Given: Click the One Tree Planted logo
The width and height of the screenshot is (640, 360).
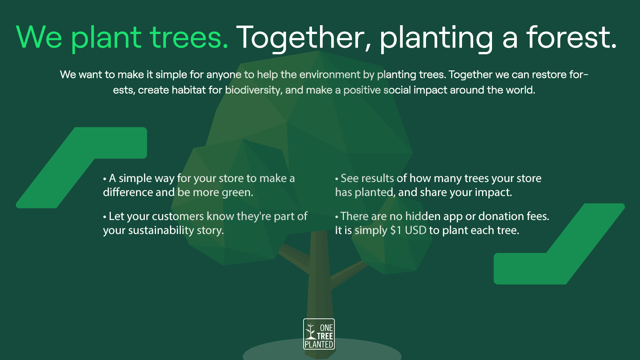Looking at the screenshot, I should pos(319,334).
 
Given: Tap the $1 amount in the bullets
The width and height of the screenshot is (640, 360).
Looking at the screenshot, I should pos(396,230).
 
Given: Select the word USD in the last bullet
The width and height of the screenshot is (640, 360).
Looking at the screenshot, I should pos(416,230).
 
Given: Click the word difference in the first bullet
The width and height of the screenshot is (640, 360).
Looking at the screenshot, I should pos(128,192).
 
